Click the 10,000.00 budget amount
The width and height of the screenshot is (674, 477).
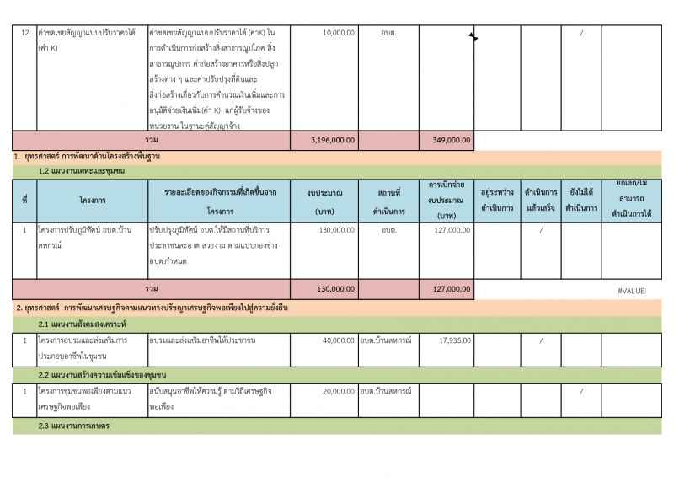339,33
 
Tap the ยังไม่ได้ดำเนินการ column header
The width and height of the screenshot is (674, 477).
581,200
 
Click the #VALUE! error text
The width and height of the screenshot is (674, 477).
632,290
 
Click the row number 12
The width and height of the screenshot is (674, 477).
25,33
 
